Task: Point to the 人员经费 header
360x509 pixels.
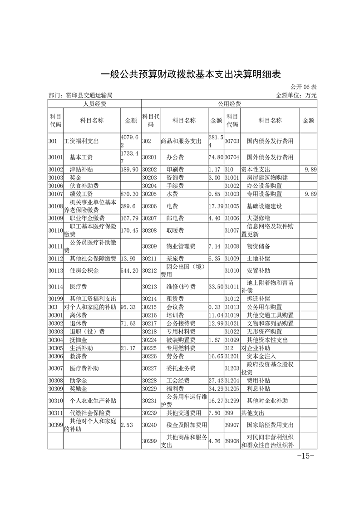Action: click(x=94, y=104)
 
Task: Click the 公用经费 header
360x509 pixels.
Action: click(x=229, y=104)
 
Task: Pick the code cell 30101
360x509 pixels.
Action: click(x=55, y=157)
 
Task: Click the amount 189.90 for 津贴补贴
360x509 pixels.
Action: click(x=129, y=169)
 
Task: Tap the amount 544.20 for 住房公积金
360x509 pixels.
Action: click(x=129, y=271)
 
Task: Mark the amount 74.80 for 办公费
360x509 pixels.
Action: click(x=215, y=157)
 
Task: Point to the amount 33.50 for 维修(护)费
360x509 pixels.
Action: click(x=215, y=287)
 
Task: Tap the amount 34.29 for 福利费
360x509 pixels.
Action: click(x=215, y=389)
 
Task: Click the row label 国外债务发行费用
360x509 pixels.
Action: click(x=270, y=157)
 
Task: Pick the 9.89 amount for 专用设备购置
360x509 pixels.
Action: click(x=311, y=194)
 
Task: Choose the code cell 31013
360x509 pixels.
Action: click(x=232, y=307)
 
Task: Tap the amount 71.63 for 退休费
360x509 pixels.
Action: click(x=129, y=323)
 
